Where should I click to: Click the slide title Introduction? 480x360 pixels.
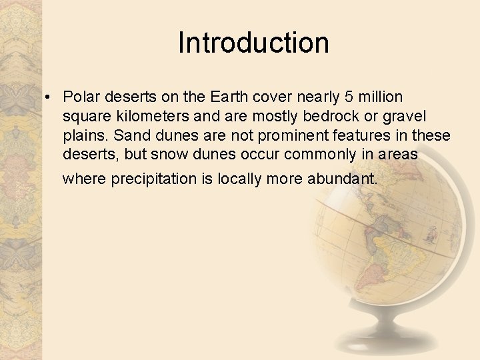(x=253, y=43)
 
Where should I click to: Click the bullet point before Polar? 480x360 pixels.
(x=49, y=99)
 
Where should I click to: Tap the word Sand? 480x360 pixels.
(x=129, y=136)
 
